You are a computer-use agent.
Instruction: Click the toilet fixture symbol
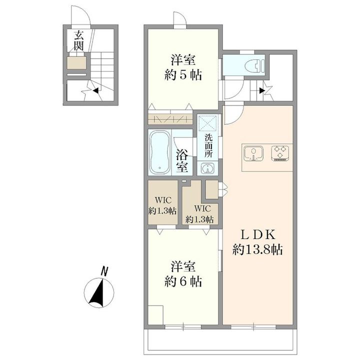(x=255, y=65)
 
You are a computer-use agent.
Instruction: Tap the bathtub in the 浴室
(x=160, y=152)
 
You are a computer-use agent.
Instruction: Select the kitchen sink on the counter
(x=253, y=153)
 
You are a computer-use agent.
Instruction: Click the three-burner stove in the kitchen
(x=280, y=152)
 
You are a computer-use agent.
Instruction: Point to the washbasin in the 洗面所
(x=207, y=169)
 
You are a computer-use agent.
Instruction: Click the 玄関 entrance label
(x=78, y=41)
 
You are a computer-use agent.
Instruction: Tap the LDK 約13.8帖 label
(x=257, y=242)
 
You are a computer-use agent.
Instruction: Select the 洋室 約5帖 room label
(x=183, y=67)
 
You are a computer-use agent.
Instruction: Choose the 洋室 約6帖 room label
(x=183, y=274)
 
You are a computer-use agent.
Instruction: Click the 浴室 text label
(x=182, y=161)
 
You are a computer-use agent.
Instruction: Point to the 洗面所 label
(x=208, y=145)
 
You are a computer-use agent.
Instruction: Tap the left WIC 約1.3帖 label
(x=162, y=205)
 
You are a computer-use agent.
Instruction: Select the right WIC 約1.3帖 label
(x=199, y=214)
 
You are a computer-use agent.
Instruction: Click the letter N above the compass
(x=104, y=271)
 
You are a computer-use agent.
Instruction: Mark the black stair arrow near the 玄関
(x=95, y=90)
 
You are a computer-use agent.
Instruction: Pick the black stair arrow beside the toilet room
(x=262, y=91)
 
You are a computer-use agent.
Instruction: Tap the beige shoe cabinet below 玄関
(x=76, y=63)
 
